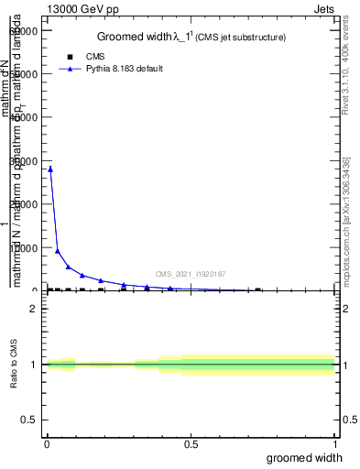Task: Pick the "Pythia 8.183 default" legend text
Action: pyautogui.click(x=124, y=69)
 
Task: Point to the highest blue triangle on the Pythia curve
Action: pyautogui.click(x=50, y=169)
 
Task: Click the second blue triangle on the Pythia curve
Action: pyautogui.click(x=58, y=250)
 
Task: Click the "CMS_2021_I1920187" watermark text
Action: pyautogui.click(x=191, y=274)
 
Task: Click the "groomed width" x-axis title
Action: pyautogui.click(x=311, y=457)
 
